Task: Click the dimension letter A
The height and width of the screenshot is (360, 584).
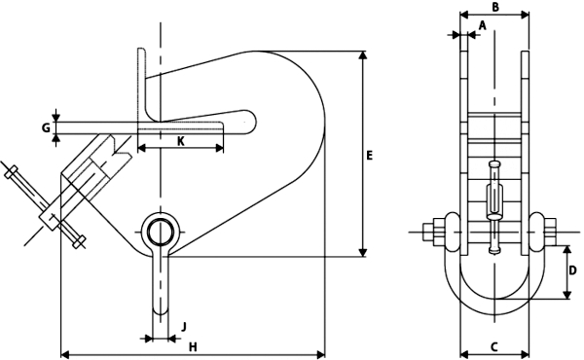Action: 483,25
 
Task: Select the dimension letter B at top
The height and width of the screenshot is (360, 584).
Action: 495,7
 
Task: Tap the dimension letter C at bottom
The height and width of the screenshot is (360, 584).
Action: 493,347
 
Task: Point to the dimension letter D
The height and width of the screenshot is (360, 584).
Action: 573,270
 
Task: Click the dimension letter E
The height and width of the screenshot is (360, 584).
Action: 369,156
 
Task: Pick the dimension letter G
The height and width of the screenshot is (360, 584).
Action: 46,128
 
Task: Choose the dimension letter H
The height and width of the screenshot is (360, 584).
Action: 193,347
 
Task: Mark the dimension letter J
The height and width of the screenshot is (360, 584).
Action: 184,327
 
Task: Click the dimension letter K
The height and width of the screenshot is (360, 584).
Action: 180,141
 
